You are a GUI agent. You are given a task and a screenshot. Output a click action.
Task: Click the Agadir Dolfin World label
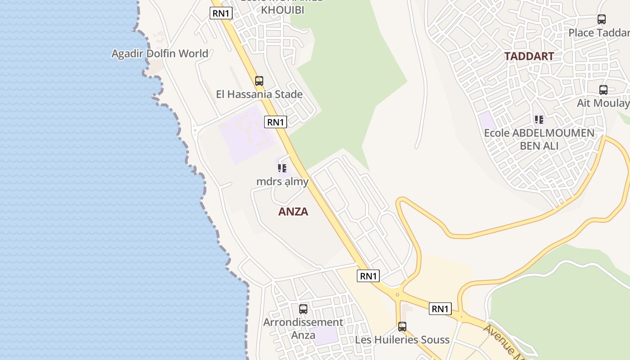coord(160,54)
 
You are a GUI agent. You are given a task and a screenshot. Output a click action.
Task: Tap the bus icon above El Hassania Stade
coord(259,81)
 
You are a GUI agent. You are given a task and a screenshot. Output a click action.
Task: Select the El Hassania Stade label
coord(259,94)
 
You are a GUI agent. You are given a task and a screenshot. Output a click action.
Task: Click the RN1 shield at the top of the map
coord(221,13)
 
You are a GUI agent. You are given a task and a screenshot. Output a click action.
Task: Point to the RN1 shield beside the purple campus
coord(275,121)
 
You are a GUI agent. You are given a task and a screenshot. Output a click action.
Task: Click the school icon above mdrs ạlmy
coord(282,168)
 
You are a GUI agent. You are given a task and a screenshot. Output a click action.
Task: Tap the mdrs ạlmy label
coord(282,182)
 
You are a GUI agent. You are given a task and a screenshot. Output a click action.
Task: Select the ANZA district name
coord(293,211)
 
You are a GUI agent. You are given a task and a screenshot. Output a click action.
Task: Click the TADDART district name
coord(529,56)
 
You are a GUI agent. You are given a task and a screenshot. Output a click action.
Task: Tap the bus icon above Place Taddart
coord(602,19)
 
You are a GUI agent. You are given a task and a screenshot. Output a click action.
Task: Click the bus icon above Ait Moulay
coord(603,90)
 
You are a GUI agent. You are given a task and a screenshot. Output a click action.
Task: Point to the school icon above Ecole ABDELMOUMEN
coord(539,120)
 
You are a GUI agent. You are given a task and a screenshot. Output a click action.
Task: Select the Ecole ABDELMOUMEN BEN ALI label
coord(539,139)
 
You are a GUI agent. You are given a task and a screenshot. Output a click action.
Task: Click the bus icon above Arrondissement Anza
coord(303,309)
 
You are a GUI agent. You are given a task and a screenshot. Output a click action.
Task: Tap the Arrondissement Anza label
coord(303,328)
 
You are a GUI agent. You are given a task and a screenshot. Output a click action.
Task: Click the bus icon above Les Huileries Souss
coord(402,327)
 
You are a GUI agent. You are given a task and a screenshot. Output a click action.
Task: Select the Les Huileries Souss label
coord(402,340)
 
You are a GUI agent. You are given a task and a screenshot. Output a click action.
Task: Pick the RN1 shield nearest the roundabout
coord(368,276)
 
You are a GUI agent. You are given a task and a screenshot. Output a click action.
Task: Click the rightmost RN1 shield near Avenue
coord(440,309)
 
